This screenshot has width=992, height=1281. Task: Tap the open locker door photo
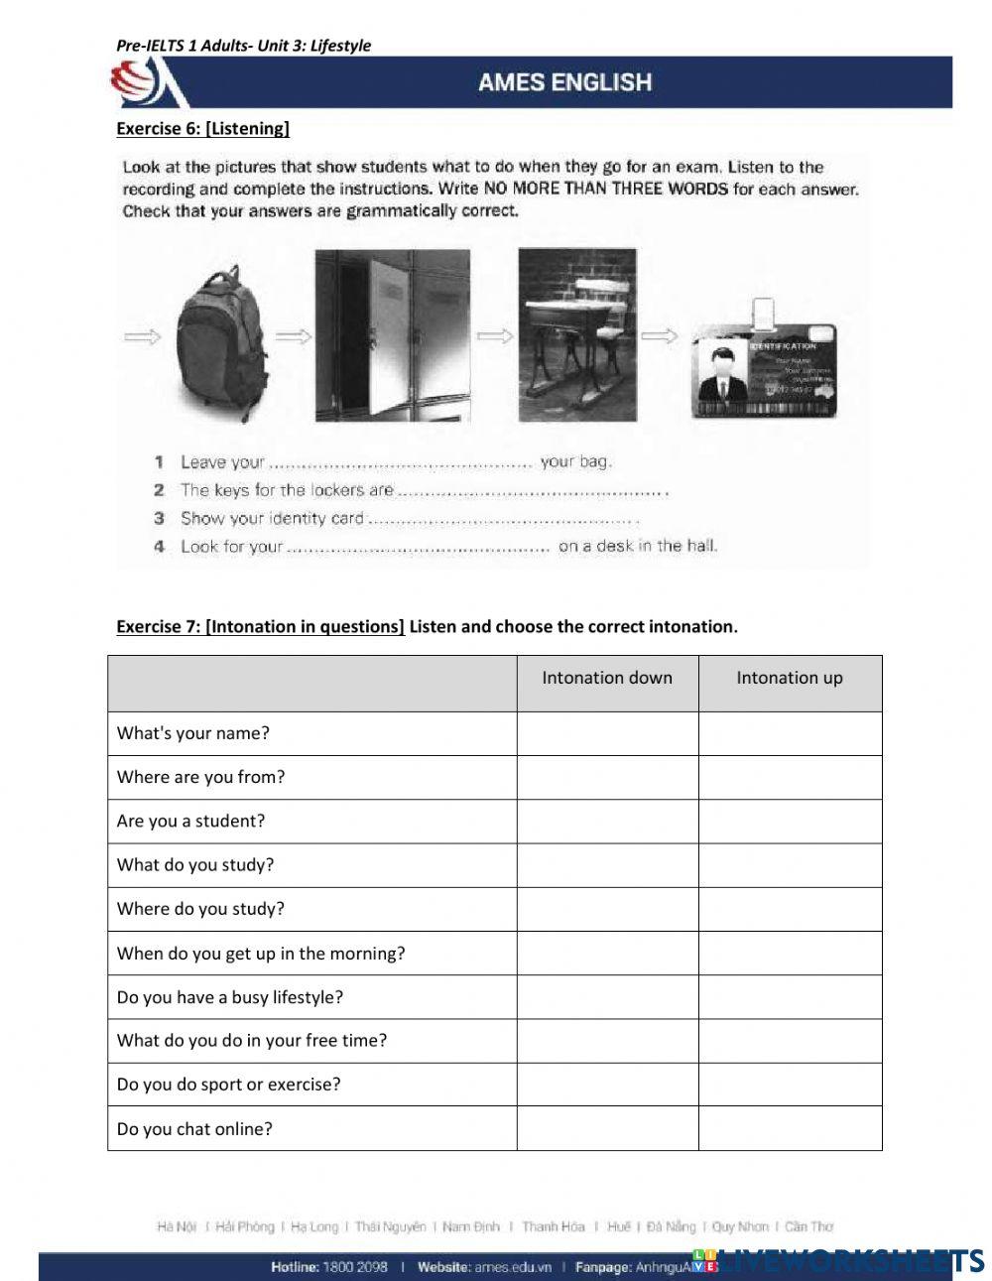point(392,334)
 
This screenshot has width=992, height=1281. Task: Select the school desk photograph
point(576,334)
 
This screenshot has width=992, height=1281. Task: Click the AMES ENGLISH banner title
point(564,82)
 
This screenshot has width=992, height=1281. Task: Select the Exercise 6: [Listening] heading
point(202,128)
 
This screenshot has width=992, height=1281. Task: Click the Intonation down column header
point(607,679)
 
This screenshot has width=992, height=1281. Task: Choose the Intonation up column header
point(790,679)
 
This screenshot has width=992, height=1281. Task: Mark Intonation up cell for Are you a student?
point(790,822)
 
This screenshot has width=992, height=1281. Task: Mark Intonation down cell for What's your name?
point(607,734)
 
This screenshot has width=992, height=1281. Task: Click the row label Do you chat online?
point(194,1129)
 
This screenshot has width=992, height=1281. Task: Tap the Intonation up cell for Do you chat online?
point(790,1129)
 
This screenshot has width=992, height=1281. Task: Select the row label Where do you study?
point(200,909)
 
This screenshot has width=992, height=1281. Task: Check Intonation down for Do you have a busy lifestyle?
point(607,997)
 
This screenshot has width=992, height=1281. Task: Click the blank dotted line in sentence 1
point(402,463)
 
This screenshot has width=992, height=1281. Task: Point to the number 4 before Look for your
point(159,547)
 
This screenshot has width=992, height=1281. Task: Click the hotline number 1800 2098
point(355,1267)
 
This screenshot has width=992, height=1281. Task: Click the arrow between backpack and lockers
point(293,337)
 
